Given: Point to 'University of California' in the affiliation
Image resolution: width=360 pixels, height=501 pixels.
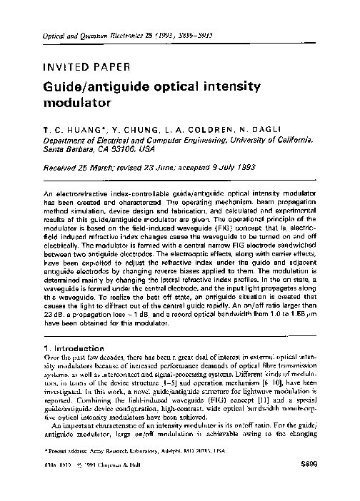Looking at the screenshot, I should click(x=271, y=141).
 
